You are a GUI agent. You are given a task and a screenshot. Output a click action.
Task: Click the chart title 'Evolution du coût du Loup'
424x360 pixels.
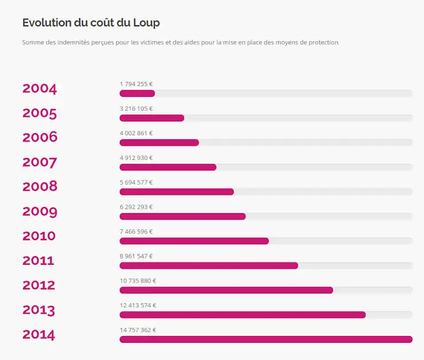click(91, 22)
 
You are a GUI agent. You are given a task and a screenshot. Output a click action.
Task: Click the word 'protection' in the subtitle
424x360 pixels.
click(322, 42)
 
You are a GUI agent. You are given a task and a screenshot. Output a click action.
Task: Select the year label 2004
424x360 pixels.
click(40, 88)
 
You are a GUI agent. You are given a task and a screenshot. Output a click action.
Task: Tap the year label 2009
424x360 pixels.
click(40, 212)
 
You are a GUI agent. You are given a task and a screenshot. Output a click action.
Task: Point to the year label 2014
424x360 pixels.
click(39, 335)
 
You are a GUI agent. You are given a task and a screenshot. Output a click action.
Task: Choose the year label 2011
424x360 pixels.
click(38, 261)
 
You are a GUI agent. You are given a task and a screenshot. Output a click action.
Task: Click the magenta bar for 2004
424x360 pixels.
click(137, 93)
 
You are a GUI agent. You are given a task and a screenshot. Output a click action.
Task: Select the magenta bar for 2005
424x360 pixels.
click(152, 118)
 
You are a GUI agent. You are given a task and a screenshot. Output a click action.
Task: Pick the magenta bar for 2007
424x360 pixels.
click(168, 167)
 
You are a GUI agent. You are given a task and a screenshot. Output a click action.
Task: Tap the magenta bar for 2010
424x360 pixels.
click(194, 241)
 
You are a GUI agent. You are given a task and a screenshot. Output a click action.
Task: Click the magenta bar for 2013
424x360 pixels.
click(242, 315)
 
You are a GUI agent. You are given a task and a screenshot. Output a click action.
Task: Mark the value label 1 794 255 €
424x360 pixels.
click(136, 84)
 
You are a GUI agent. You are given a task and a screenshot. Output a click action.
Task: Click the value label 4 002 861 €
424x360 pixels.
click(136, 133)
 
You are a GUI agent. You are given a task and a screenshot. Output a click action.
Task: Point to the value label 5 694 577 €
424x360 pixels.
click(136, 182)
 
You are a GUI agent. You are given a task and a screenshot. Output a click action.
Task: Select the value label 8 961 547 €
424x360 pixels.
click(136, 256)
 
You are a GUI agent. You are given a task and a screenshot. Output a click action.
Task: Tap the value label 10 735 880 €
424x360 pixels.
click(138, 281)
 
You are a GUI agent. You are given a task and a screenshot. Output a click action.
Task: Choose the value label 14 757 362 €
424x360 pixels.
click(138, 330)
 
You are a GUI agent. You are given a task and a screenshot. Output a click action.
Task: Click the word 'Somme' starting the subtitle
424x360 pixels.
click(32, 42)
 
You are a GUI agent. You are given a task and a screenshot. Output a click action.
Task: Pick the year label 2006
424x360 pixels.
click(40, 138)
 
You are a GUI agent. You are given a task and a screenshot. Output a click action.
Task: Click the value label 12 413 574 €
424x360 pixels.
click(138, 306)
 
